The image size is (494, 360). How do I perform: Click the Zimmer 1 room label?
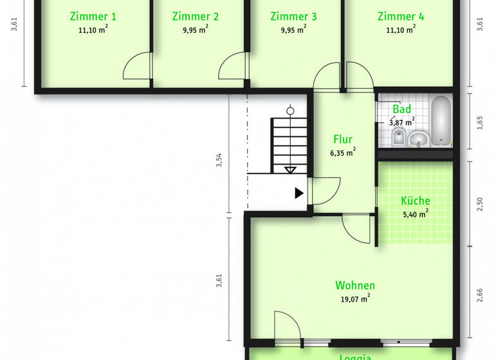(93, 17)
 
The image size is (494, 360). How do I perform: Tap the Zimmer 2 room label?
(196, 17)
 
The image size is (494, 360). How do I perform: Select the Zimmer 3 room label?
(293, 17)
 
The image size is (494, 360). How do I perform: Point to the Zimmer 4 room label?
(401, 17)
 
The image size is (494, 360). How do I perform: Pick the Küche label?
(415, 201)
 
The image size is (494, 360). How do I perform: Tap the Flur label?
(343, 139)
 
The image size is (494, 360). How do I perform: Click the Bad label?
(402, 109)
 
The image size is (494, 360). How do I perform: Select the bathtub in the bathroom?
(441, 121)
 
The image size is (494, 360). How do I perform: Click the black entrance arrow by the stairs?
(299, 193)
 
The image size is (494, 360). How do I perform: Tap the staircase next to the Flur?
(290, 145)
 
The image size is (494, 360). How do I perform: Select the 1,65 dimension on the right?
(479, 122)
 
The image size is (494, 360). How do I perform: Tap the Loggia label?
(355, 357)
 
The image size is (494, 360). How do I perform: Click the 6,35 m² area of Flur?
(343, 153)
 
